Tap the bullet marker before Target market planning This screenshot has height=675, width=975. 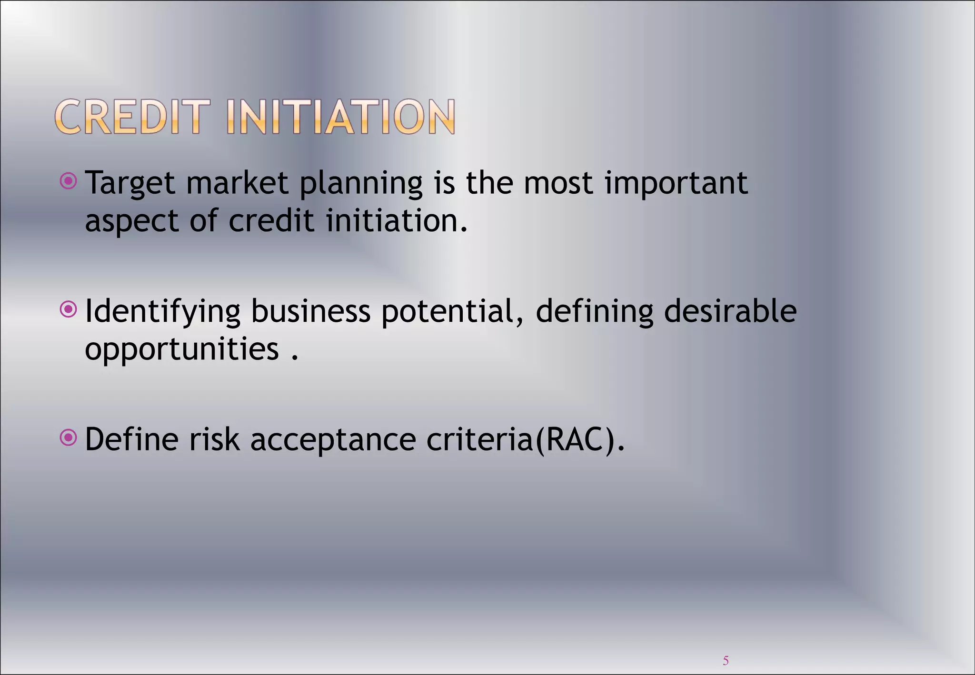(69, 181)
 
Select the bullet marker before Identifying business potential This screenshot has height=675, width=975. (69, 310)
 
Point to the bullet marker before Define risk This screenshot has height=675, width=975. (69, 437)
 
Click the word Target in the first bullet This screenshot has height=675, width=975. (129, 184)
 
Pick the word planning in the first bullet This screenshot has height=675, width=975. (361, 184)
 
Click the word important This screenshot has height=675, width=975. (676, 184)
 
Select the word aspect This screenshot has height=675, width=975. (131, 222)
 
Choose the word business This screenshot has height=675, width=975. (310, 311)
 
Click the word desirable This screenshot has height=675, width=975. (730, 311)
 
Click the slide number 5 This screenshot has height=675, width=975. (726, 660)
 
